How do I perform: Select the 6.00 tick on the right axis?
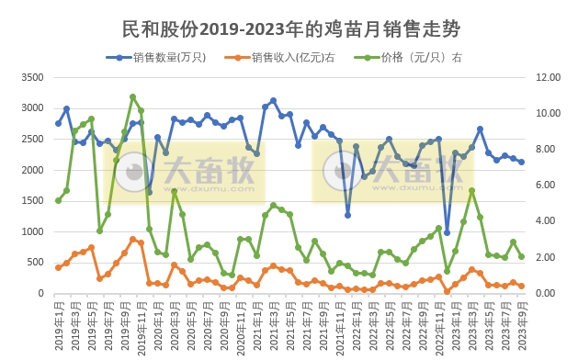coord(547,186)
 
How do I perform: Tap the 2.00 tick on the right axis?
coord(547,257)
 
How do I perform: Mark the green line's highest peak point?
coord(133,96)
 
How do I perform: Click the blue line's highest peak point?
coord(273,100)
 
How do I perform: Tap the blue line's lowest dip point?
coord(448,233)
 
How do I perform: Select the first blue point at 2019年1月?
coord(58,123)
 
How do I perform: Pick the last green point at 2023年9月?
coord(522,256)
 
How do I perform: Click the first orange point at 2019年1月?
coord(58,267)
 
